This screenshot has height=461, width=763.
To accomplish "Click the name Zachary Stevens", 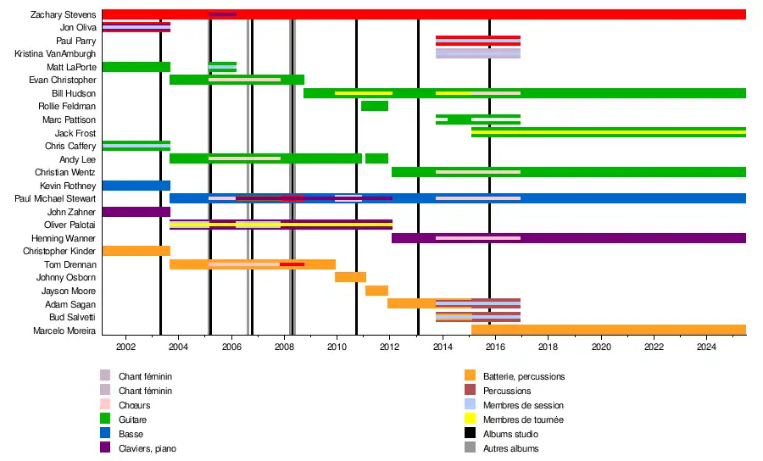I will point(63,14).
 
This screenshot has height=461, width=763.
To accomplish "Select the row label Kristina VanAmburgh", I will point(55,53).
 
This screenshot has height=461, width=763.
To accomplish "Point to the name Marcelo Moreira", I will point(64,330).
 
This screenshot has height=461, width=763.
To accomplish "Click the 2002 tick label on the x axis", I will point(125,346).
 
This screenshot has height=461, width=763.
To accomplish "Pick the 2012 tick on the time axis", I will point(389,346).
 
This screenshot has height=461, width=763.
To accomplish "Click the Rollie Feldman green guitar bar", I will point(374,106).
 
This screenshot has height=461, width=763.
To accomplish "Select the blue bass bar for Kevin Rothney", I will point(136,186).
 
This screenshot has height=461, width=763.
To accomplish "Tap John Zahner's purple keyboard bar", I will point(136,212).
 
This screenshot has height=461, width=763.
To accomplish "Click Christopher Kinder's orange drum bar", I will point(136,251).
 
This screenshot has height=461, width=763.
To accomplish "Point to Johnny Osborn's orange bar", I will point(350,277).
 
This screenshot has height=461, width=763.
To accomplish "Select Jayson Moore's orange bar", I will point(376,291).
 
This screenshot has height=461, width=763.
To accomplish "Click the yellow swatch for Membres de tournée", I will point(470,419).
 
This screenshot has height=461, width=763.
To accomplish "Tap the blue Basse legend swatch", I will point(105,434).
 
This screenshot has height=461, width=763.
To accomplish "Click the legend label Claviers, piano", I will point(148,448).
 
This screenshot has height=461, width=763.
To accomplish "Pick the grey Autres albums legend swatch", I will point(470,448).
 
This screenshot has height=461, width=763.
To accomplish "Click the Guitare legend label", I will point(133,419).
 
